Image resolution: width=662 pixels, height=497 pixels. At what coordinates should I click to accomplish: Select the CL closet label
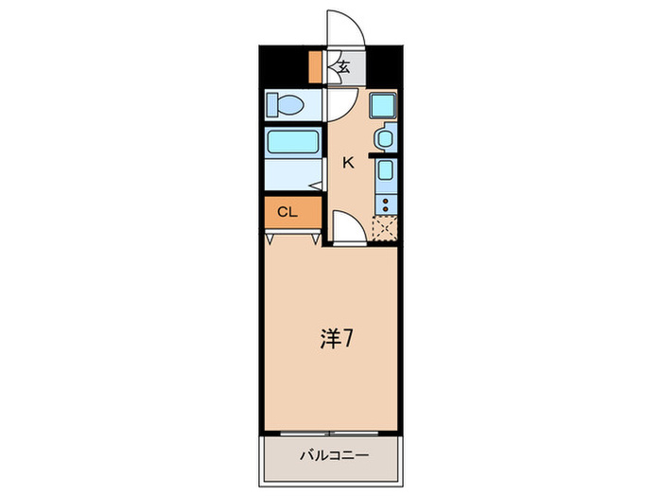[x=287, y=212]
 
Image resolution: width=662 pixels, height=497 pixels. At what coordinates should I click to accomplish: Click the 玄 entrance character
[x=344, y=67]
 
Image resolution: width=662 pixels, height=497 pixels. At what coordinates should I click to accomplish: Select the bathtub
[x=293, y=143]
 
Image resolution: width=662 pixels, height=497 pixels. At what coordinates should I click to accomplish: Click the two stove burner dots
[x=384, y=202]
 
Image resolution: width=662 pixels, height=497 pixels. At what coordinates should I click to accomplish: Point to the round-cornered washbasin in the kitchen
[x=384, y=138]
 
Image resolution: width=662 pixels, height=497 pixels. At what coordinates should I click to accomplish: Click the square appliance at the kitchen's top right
[x=382, y=104]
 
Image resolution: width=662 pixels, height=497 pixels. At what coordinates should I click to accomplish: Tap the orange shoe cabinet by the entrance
[x=315, y=67]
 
